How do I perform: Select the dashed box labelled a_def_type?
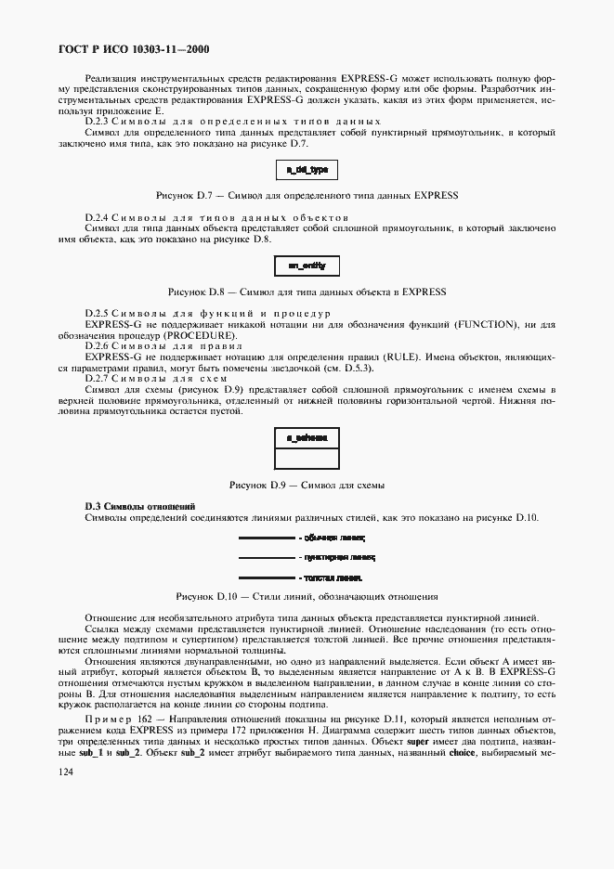(x=307, y=171)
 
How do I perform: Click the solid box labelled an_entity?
(x=307, y=266)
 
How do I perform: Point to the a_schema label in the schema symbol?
(x=307, y=436)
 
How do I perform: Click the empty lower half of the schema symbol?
(x=307, y=458)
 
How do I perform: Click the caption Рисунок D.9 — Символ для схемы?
(x=307, y=485)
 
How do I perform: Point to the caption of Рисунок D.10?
(x=307, y=596)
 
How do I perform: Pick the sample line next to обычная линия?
(x=267, y=537)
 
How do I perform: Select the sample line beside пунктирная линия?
(x=267, y=557)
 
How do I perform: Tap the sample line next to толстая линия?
(x=267, y=577)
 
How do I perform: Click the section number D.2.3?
(x=98, y=122)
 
